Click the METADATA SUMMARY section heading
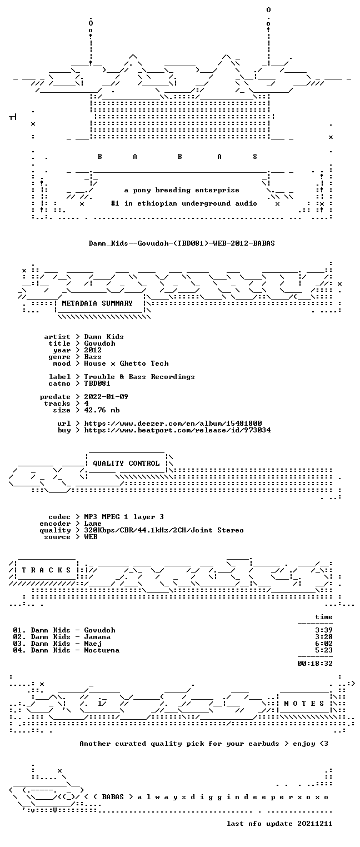point(97,303)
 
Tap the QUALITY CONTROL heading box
point(126,463)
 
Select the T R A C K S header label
point(47,570)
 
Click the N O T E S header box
point(304,703)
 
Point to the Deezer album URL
point(173,423)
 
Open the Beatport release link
point(177,430)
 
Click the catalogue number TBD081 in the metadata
point(97,383)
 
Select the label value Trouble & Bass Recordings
point(139,377)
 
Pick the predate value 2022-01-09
point(106,397)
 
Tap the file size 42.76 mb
point(102,410)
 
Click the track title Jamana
point(97,637)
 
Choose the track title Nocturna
point(102,650)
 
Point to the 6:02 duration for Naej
point(324,643)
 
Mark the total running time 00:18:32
point(315,663)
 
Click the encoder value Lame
point(93,524)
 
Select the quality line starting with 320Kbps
point(164,530)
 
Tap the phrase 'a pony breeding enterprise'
point(182,190)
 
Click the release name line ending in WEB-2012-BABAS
point(182,243)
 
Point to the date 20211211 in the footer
point(315,824)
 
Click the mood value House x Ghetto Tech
point(126,363)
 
